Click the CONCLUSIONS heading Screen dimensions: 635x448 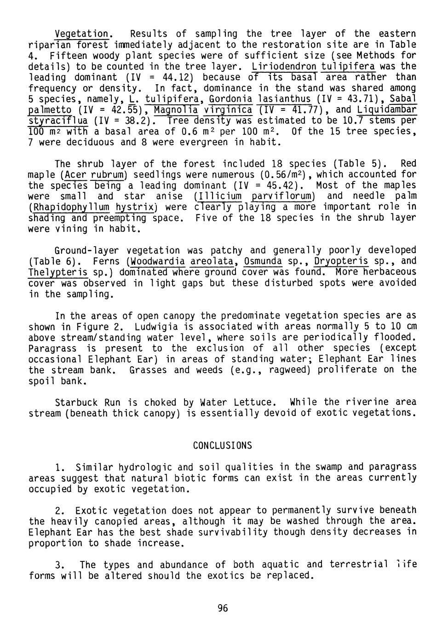tap(222, 445)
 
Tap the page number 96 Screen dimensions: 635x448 tap(223, 608)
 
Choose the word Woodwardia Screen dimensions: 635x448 tap(157, 261)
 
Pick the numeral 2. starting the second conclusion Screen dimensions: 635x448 tap(60, 510)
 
